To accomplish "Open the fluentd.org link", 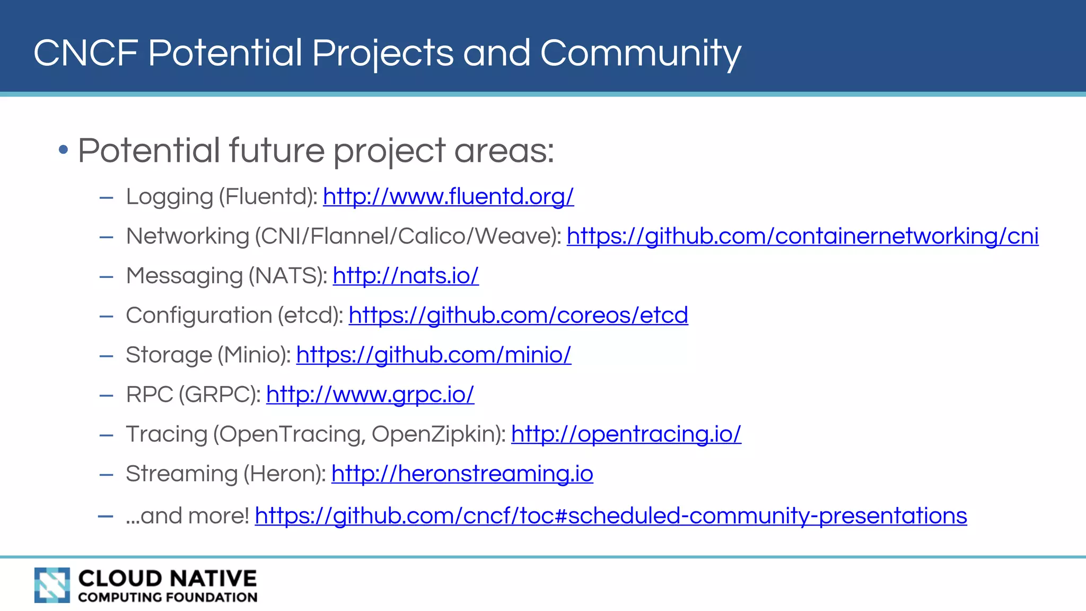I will [x=448, y=197].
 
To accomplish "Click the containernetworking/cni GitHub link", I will [x=802, y=237].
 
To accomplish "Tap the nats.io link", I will [x=406, y=276].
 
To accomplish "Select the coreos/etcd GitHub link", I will [x=518, y=316].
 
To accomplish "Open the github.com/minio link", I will [x=433, y=355].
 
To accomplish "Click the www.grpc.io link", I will [x=370, y=395].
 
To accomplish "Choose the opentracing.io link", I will [x=626, y=434].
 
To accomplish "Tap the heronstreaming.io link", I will [x=462, y=474].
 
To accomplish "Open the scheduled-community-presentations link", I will [x=611, y=516].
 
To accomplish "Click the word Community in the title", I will [x=641, y=53].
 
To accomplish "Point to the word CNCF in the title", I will [x=85, y=53].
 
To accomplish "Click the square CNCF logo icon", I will [x=52, y=585].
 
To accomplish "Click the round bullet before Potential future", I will [x=64, y=150].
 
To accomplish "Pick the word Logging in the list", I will [x=169, y=197].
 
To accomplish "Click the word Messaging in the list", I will [x=184, y=276].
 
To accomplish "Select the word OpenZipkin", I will [x=439, y=434].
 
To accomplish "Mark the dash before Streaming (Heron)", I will [x=107, y=474].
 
